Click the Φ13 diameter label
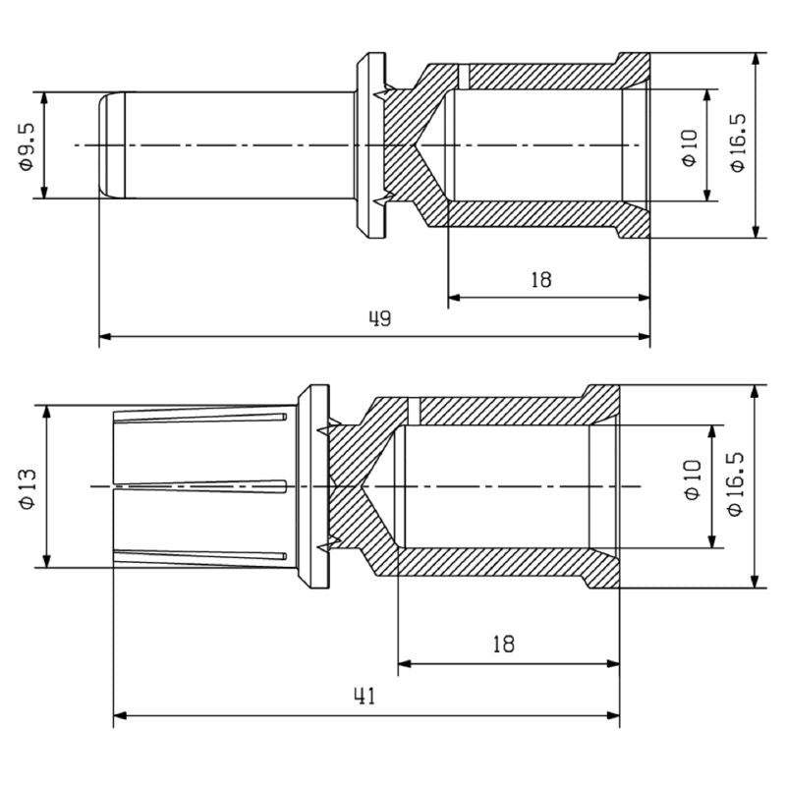pyautogui.click(x=28, y=487)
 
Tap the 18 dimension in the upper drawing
pyautogui.click(x=540, y=279)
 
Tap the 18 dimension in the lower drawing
pyautogui.click(x=503, y=645)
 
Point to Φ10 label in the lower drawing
pyautogui.click(x=692, y=481)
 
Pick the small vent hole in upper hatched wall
pyautogui.click(x=465, y=75)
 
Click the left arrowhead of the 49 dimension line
pyautogui.click(x=105, y=337)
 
